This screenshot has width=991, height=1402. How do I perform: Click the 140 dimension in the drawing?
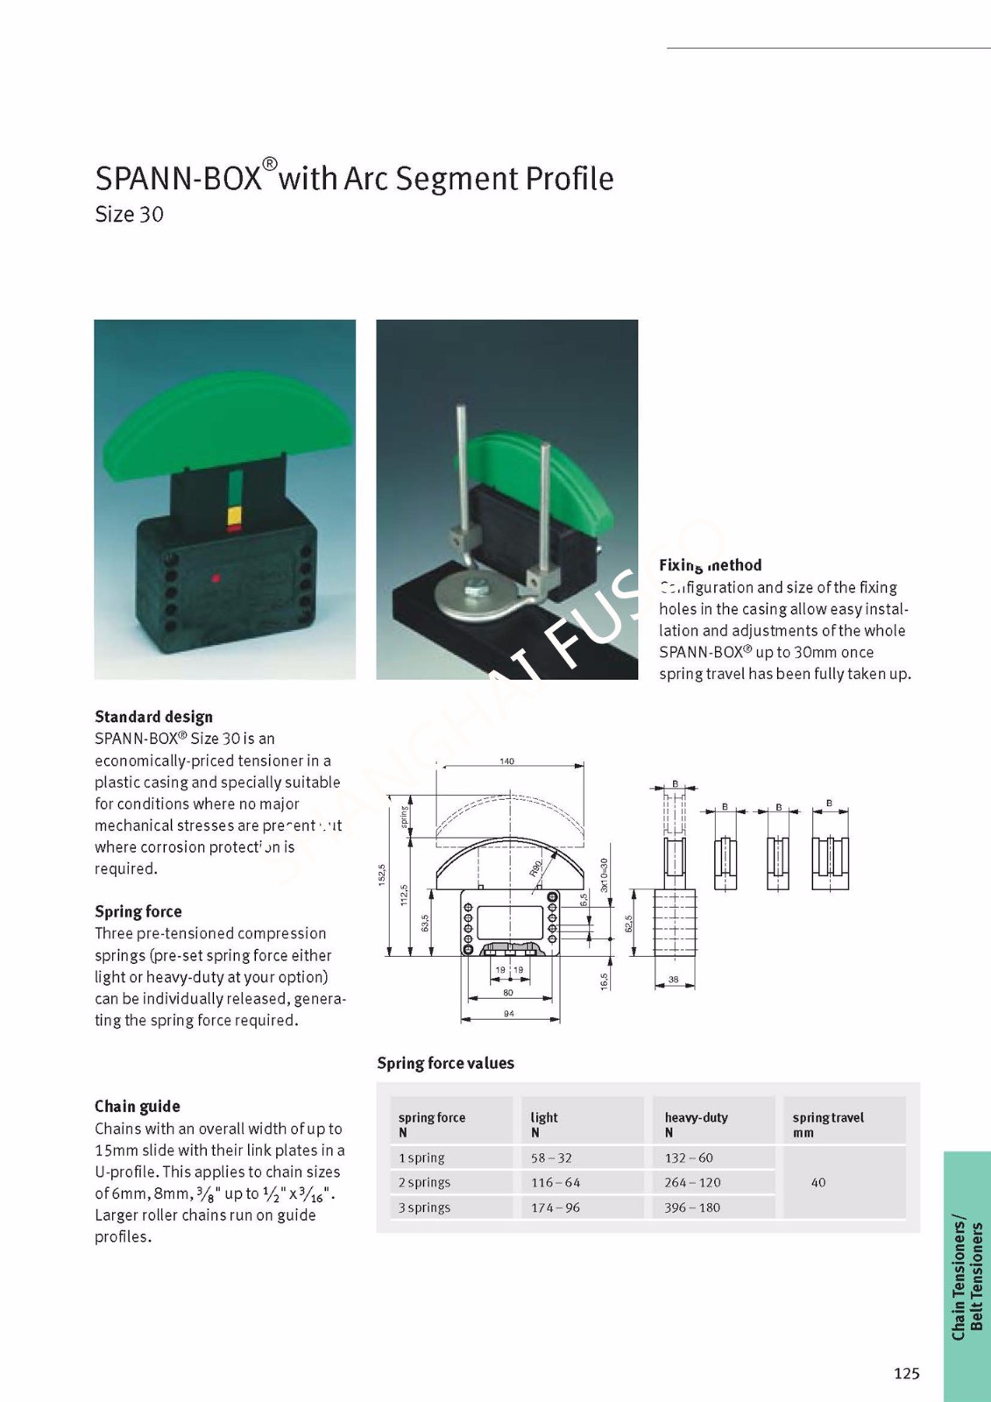click(506, 761)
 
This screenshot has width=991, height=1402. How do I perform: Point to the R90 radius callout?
click(535, 867)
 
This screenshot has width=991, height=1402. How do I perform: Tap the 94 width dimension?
click(509, 1014)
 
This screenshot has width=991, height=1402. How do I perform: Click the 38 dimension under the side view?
click(673, 980)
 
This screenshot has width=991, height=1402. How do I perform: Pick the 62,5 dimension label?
click(628, 924)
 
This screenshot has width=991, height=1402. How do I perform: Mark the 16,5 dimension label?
click(605, 981)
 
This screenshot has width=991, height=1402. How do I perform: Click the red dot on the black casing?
click(216, 578)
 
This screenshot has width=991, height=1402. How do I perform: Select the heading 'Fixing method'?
click(710, 565)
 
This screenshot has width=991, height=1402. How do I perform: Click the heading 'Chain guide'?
click(138, 1107)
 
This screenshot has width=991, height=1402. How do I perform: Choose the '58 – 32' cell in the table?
click(551, 1158)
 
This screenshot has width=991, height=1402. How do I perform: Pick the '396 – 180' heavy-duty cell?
click(692, 1207)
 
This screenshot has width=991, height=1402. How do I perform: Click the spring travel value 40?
click(818, 1182)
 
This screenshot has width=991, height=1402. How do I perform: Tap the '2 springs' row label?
click(424, 1182)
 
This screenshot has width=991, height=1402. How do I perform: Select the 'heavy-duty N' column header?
click(696, 1124)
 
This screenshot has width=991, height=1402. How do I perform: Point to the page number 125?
click(907, 1373)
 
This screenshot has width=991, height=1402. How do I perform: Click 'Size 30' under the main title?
click(129, 215)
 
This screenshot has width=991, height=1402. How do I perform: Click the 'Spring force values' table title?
click(445, 1063)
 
